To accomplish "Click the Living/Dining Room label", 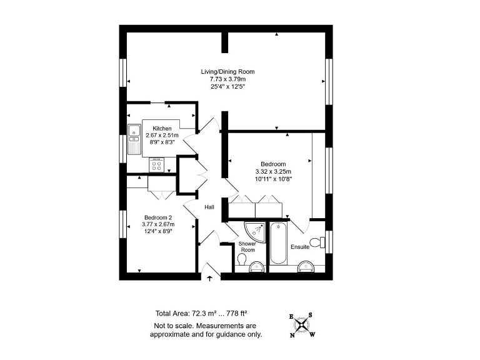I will (227, 72).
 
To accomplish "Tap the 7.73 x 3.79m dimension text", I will (227, 79).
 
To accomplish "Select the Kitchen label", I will (162, 128).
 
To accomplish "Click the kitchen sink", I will (134, 134).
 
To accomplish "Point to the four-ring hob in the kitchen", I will (157, 166).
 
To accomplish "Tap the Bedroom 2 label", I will (157, 217).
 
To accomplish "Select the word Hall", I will (209, 207).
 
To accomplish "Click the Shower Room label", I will (247, 247).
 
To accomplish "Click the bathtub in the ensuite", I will (277, 244).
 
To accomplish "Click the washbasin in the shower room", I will (256, 267).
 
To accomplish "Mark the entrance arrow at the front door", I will (210, 278).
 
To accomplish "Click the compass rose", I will (302, 324).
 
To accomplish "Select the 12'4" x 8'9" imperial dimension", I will (157, 231).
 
